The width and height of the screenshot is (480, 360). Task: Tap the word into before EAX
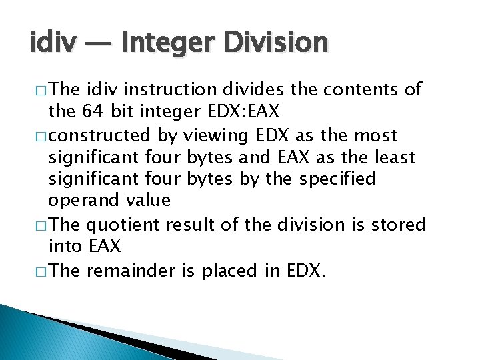65,247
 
